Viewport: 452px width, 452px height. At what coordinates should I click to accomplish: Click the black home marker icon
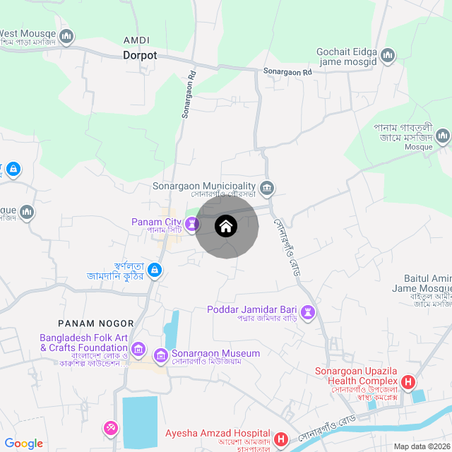225,227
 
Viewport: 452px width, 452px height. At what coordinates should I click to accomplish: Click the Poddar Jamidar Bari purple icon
308,311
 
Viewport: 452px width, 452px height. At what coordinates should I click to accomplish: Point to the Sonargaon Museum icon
161,355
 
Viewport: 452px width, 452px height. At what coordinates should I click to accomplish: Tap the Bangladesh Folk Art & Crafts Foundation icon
138,349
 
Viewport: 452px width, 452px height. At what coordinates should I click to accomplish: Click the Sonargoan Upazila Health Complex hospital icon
408,383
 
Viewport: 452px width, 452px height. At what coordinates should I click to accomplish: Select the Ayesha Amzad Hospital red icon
280,439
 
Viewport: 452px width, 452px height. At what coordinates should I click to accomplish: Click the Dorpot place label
140,54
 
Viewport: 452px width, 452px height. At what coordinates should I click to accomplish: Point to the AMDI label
136,40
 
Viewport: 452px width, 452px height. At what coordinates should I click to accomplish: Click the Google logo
23,443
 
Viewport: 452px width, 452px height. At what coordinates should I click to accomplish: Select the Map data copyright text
422,446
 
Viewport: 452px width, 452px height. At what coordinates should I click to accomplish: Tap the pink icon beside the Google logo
111,428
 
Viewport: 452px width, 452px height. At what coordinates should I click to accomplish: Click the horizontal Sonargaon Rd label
287,72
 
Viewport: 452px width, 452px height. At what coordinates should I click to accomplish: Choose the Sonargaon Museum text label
216,353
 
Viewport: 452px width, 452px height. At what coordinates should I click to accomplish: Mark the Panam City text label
156,222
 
